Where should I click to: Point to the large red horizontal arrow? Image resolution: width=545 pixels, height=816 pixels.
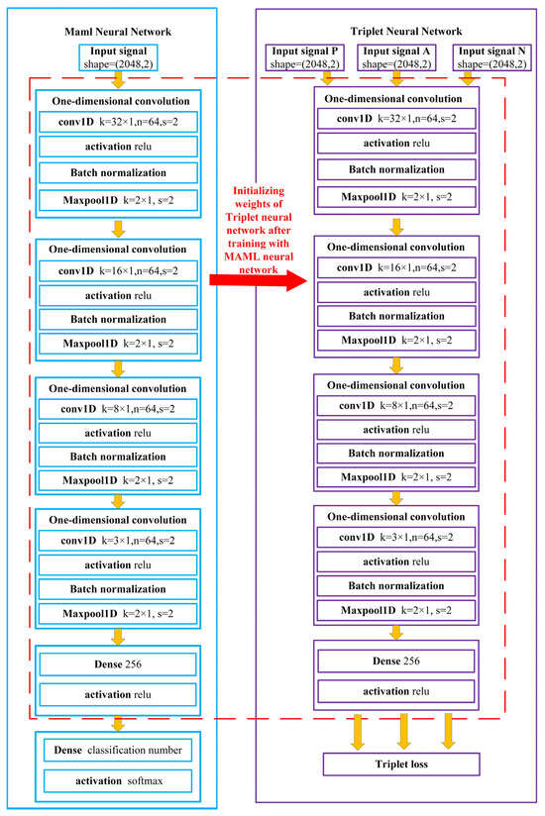coord(257,282)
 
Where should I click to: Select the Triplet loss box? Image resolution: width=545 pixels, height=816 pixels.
coord(401,764)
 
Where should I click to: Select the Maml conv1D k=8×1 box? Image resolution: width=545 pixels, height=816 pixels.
coord(117,408)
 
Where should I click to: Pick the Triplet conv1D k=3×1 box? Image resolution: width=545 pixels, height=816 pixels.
coord(396,537)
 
